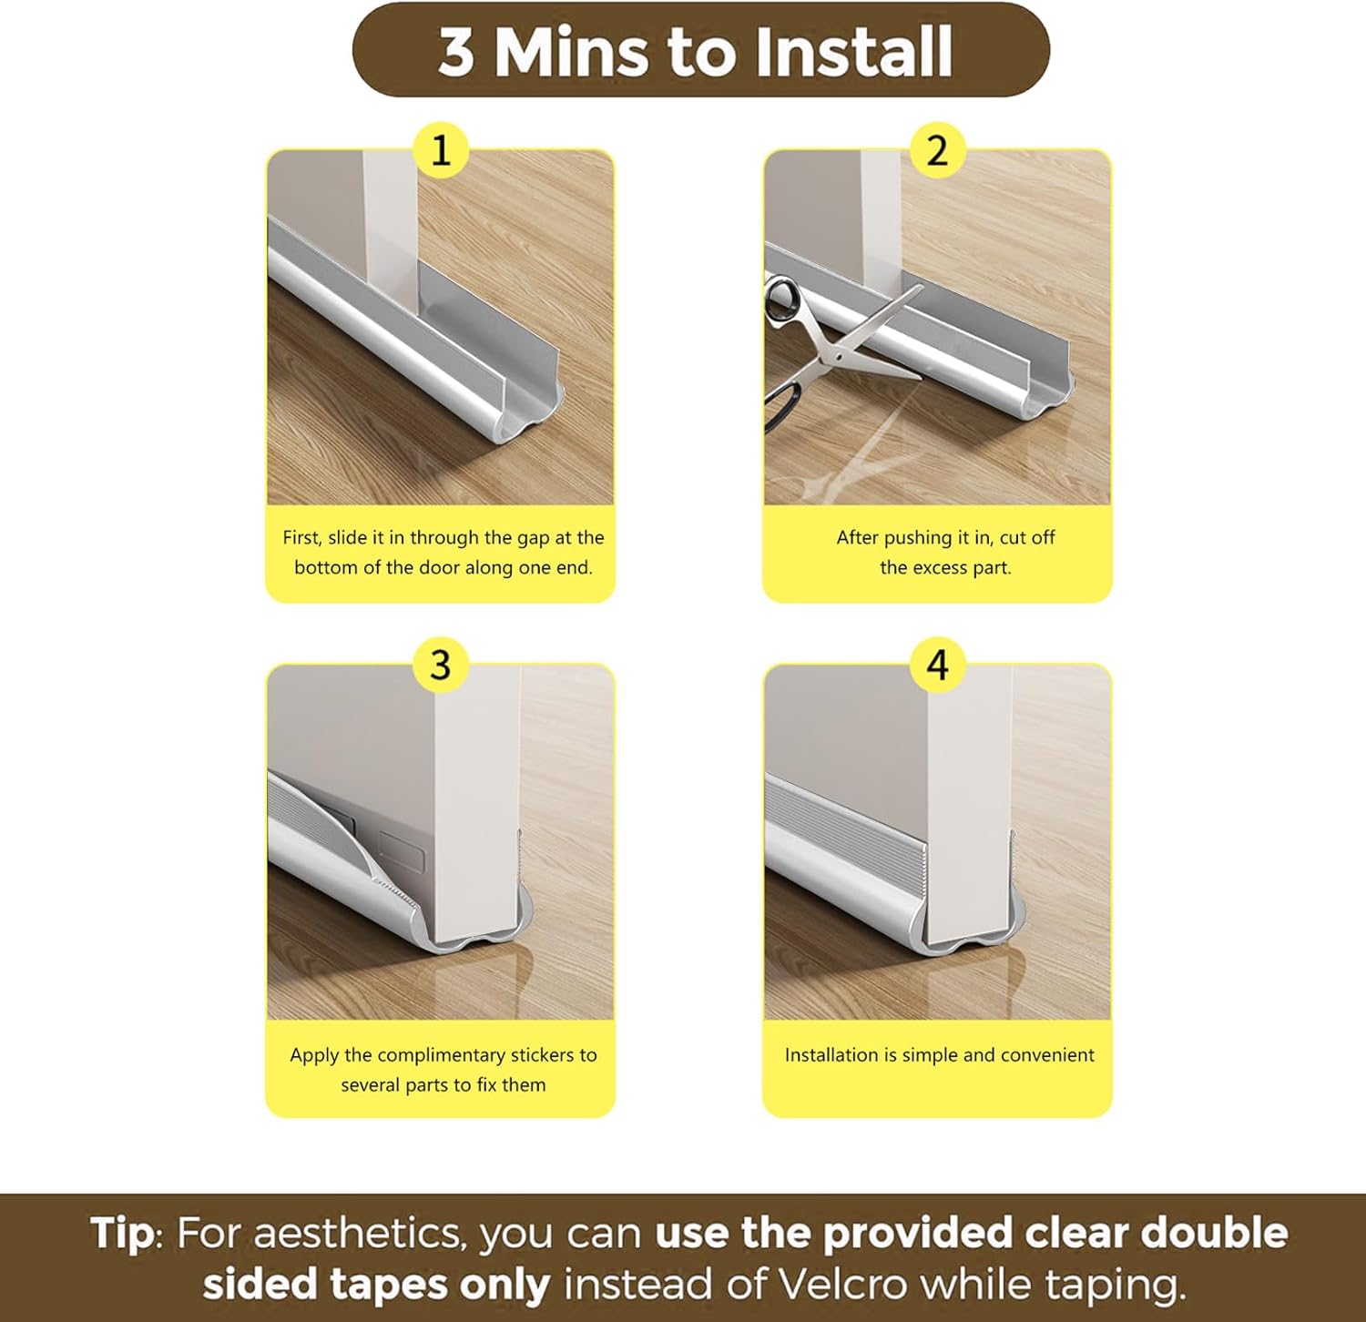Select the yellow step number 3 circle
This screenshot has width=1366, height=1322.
tap(441, 666)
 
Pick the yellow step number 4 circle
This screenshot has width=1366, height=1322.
tap(937, 666)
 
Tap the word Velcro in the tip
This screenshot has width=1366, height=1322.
tap(843, 1286)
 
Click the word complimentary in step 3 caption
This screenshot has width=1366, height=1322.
tap(441, 1055)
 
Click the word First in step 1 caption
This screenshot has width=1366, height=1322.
tap(301, 537)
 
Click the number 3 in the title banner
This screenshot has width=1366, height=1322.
tap(456, 52)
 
